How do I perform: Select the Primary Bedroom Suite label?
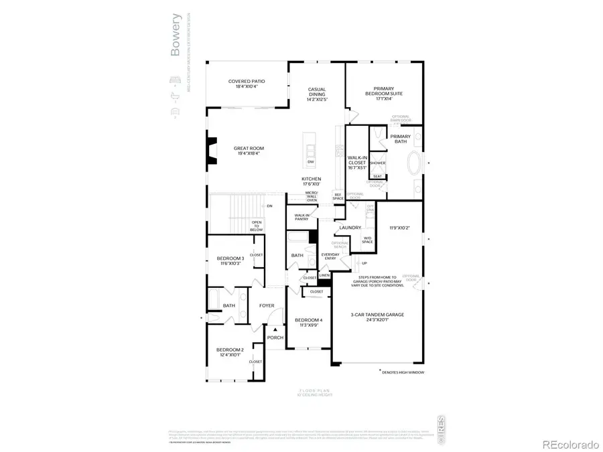tap(383, 92)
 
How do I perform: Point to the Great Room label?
tap(247, 151)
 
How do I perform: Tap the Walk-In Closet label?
tap(356, 163)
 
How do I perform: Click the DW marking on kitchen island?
tap(311, 161)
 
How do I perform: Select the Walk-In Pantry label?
tap(301, 217)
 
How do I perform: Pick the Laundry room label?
tap(350, 228)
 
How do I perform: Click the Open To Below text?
tap(257, 226)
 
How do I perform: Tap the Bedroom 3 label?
tap(230, 261)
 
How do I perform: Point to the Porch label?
tap(275, 337)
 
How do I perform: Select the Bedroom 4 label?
tap(308, 322)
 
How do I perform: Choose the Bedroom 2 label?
tap(229, 352)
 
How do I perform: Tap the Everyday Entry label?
tap(330, 256)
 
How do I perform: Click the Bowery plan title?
tap(176, 42)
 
